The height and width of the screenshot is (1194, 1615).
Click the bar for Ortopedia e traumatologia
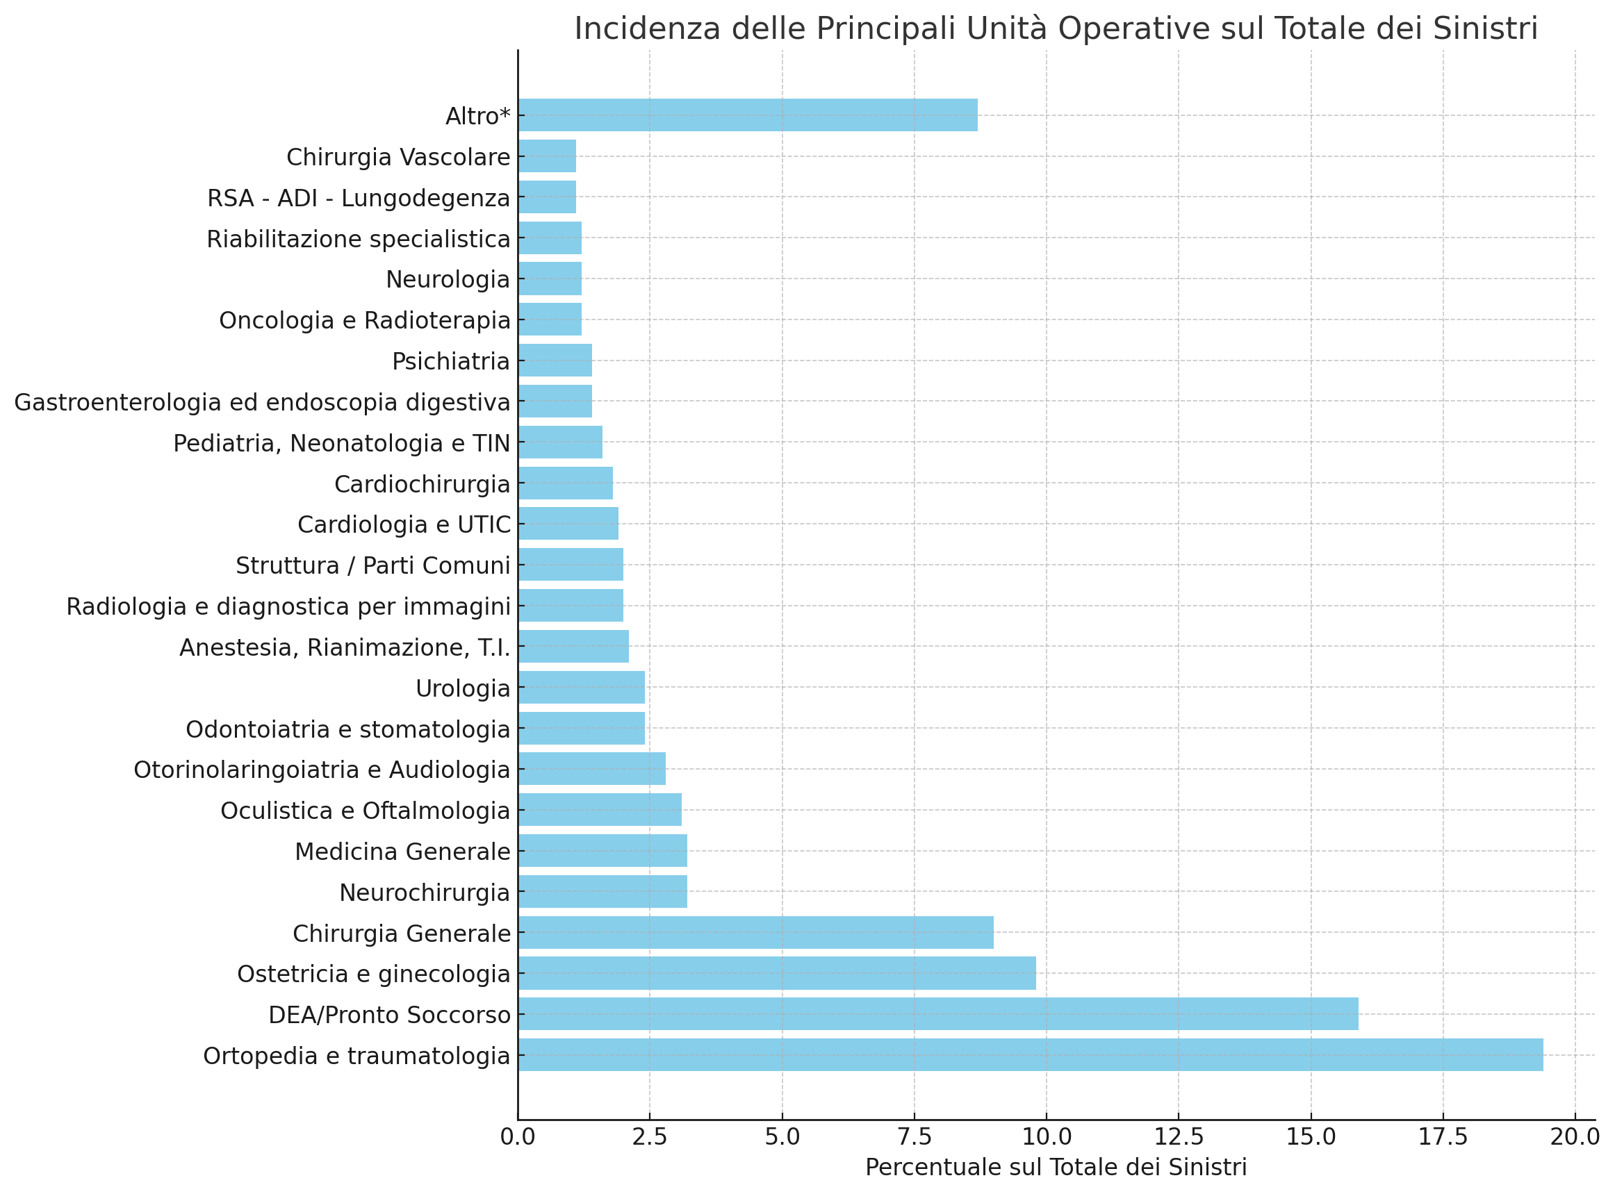pos(1030,1055)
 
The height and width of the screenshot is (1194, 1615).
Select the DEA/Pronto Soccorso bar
pos(937,1014)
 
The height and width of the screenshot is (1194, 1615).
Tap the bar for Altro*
pos(748,115)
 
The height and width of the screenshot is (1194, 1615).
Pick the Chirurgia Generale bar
pos(755,932)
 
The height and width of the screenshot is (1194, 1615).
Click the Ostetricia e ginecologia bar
pos(776,973)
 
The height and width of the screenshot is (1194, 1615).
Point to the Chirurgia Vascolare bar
pos(546,156)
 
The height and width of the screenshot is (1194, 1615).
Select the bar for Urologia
pos(581,688)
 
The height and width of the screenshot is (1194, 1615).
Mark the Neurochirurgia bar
pos(602,891)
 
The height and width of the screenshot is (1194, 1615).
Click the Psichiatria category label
pos(450,360)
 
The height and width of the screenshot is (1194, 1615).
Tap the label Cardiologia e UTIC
pos(403,524)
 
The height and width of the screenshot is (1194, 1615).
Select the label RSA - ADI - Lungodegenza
pos(359,197)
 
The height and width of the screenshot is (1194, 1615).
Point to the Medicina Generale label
pos(402,852)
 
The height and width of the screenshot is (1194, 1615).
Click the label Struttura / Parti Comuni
pos(373,565)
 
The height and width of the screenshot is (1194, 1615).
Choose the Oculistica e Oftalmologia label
pos(365,811)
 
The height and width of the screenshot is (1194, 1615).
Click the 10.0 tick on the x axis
pos(1046,1137)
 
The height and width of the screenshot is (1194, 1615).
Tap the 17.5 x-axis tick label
pos(1443,1137)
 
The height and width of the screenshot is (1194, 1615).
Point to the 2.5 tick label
pos(649,1137)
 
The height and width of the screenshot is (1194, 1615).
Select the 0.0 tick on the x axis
pos(518,1137)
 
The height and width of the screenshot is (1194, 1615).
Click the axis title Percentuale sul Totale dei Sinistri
pos(1056,1167)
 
